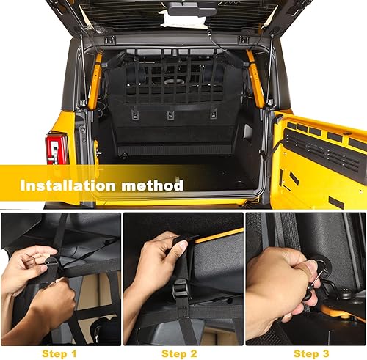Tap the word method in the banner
[156, 185]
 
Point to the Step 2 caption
[183, 353]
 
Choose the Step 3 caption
[305, 353]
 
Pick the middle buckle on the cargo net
[170, 114]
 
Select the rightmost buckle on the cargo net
[213, 114]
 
